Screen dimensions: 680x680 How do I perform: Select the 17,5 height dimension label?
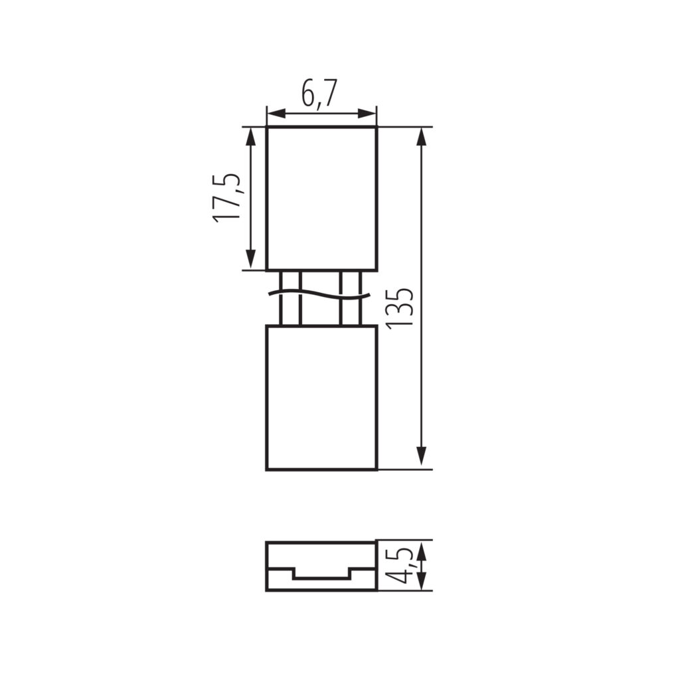[x=226, y=198]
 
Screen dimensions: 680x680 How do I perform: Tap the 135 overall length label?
[x=400, y=307]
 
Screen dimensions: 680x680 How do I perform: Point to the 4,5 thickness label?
[x=399, y=565]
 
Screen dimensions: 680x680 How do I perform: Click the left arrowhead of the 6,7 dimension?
[x=276, y=114]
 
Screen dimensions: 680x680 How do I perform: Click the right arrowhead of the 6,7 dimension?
[x=367, y=114]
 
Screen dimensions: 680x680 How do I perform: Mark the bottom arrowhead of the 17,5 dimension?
[x=250, y=260]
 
